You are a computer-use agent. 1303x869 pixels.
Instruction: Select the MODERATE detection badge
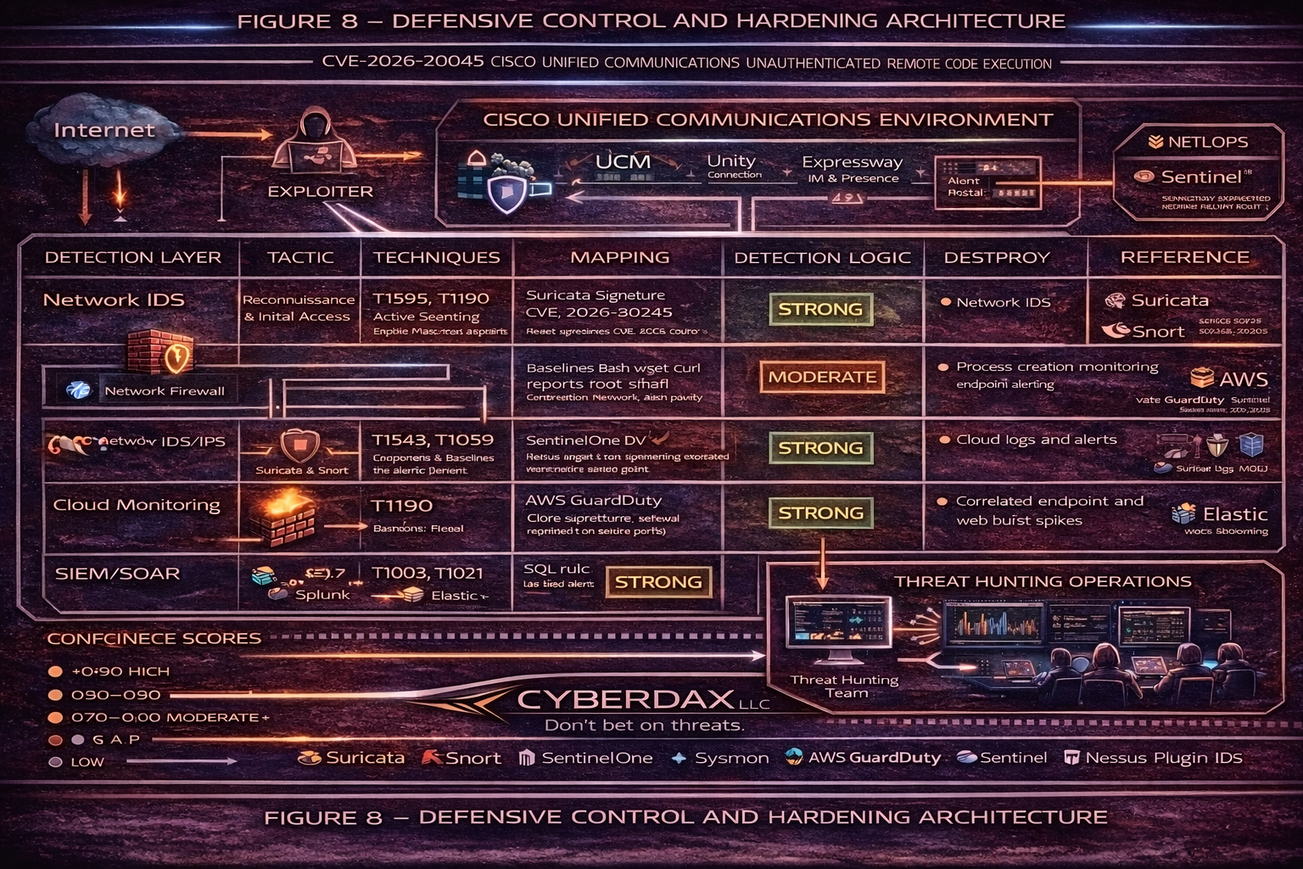(821, 377)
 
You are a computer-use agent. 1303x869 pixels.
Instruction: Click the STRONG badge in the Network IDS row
(819, 310)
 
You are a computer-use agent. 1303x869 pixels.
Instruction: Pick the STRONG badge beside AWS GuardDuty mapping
(819, 513)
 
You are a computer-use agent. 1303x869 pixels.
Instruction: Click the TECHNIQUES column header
(436, 257)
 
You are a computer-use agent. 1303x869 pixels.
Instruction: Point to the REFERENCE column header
(1184, 257)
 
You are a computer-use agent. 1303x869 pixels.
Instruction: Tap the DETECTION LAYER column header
(132, 257)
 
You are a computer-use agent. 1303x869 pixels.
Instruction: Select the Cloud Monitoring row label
(137, 505)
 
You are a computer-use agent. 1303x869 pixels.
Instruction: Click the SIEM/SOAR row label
(117, 574)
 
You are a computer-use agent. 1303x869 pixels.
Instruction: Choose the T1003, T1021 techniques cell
(428, 574)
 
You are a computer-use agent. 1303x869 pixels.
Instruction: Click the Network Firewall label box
(164, 391)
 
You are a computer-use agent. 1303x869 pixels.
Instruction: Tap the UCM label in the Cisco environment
(623, 161)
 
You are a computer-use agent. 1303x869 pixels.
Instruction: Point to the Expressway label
(852, 162)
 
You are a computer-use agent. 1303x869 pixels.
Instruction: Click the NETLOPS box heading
(1206, 142)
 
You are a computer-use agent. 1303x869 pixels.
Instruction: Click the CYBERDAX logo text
(625, 699)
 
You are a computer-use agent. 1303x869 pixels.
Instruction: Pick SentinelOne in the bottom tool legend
(596, 758)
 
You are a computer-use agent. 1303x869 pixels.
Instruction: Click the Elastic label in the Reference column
(1234, 514)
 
